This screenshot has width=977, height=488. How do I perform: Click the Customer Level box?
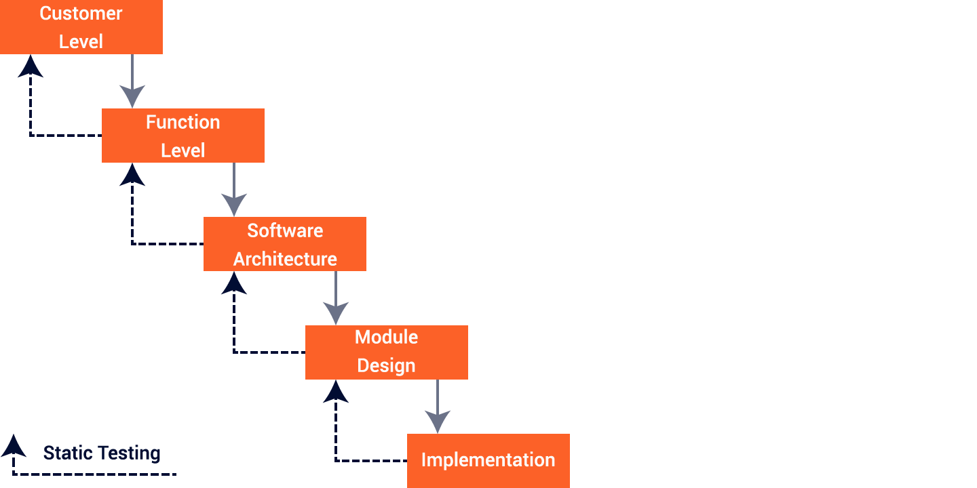coord(81,27)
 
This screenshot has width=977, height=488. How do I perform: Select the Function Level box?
coord(183,136)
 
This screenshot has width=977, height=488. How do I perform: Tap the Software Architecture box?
coord(285,244)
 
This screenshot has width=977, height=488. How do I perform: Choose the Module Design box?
coord(387,352)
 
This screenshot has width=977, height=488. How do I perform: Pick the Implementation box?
coord(488,460)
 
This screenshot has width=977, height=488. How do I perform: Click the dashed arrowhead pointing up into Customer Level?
coord(31,66)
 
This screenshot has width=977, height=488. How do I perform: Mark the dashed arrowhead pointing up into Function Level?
coord(132,175)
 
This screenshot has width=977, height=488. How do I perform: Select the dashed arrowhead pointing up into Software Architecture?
coord(234,283)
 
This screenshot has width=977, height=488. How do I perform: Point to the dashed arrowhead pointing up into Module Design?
coord(336,392)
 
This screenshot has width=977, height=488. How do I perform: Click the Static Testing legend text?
coord(102,453)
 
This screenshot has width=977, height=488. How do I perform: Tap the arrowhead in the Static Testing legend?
coord(14,446)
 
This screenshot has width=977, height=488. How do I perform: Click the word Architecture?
coord(285,259)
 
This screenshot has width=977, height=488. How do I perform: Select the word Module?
coord(386,338)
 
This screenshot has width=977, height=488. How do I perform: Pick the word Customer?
coord(81,14)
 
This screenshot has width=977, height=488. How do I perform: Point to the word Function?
coord(183,122)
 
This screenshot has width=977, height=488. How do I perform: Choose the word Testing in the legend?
coord(130,453)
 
